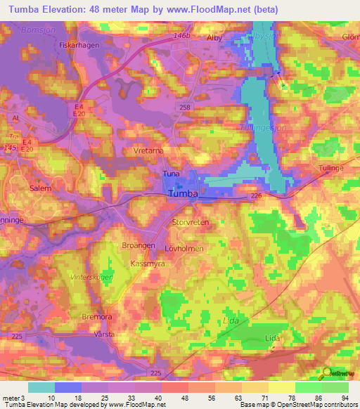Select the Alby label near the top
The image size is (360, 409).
click(213, 38)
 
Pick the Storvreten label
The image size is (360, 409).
click(191, 221)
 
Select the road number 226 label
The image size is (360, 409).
click(257, 197)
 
